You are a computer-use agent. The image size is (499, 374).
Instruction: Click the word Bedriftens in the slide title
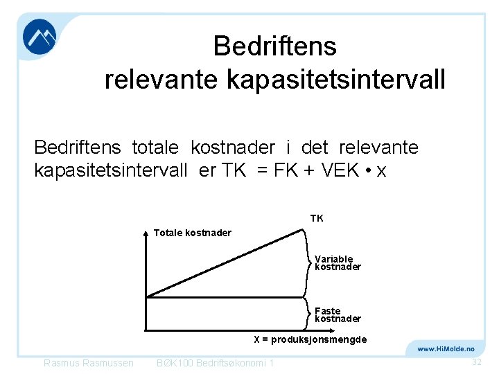[x=274, y=46]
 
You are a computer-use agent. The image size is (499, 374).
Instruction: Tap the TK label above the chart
[x=316, y=218]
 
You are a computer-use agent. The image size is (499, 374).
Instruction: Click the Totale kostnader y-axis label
[x=192, y=233]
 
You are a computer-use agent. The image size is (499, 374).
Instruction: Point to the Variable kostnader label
[x=338, y=262]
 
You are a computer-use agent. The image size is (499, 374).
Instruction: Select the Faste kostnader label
[x=338, y=314]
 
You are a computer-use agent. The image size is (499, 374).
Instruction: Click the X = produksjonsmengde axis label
[x=310, y=339]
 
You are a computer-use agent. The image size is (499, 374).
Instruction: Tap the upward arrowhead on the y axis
[x=146, y=233]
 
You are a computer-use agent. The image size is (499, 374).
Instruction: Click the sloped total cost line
[x=225, y=262]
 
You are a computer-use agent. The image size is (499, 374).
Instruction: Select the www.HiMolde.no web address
[x=446, y=348]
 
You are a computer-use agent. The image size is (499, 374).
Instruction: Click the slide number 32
[x=476, y=362]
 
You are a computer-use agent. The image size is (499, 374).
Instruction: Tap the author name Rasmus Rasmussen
[x=89, y=363]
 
